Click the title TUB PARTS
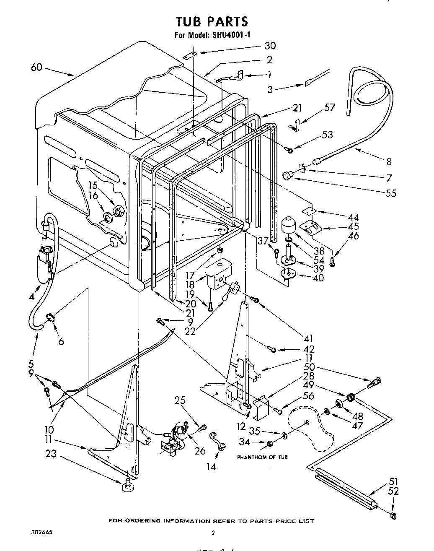(212, 21)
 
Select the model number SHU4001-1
(230, 36)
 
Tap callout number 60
(37, 67)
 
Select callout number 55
(390, 193)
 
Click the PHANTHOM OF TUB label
(262, 457)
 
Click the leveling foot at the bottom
(127, 486)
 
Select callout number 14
(212, 466)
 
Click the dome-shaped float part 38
(288, 225)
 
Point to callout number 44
(353, 217)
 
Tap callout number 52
(393, 491)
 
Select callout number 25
(180, 401)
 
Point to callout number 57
(330, 107)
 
